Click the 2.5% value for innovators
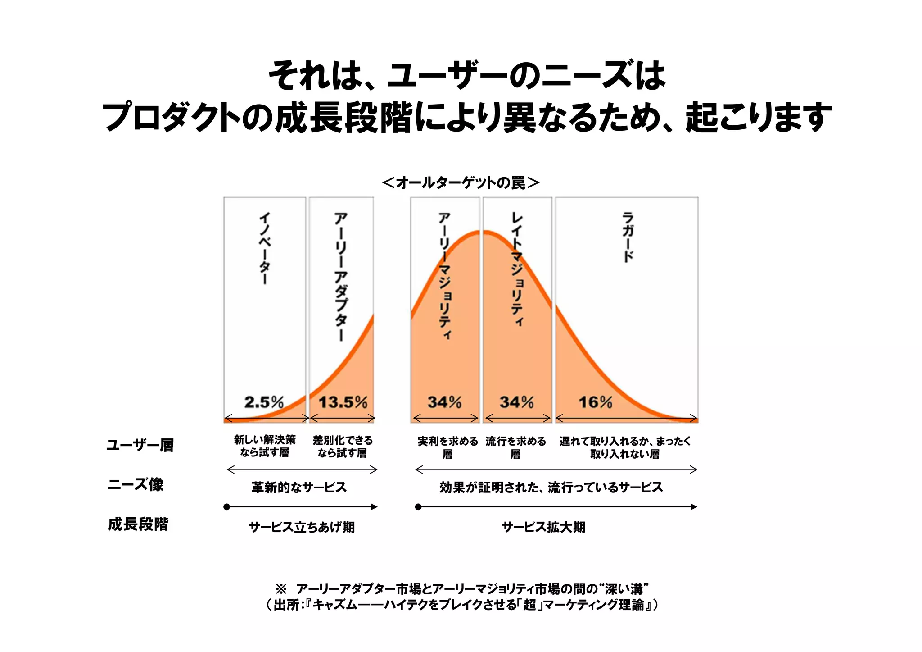(x=264, y=401)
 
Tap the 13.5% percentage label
(x=343, y=401)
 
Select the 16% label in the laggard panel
(x=595, y=401)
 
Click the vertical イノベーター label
(x=265, y=248)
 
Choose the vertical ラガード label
(x=628, y=237)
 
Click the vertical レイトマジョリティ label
(x=517, y=269)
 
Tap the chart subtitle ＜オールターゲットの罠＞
(x=461, y=182)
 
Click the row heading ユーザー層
(x=140, y=445)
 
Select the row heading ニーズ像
(x=136, y=484)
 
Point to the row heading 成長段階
(x=138, y=524)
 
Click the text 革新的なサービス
(x=299, y=487)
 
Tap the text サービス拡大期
(x=543, y=527)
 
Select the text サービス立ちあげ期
(x=302, y=527)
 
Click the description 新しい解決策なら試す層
(x=265, y=446)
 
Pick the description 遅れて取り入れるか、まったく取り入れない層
(x=625, y=447)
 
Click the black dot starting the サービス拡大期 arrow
(x=418, y=507)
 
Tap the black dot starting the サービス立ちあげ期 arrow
(x=227, y=507)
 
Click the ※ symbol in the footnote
(x=281, y=588)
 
